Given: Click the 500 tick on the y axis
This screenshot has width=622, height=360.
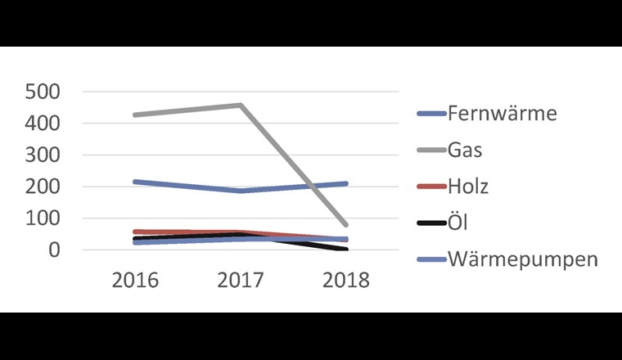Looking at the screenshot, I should [43, 92].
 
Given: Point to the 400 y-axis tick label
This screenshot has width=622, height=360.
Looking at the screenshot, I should [43, 124].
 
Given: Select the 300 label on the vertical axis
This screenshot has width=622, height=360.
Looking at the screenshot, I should [43, 155].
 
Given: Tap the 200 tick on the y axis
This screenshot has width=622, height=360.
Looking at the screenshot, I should [43, 187].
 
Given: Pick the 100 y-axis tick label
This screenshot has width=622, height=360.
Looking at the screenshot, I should [43, 218].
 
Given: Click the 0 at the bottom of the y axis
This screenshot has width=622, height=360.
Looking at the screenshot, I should [55, 250].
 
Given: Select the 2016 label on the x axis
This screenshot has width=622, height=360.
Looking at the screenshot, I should [135, 280].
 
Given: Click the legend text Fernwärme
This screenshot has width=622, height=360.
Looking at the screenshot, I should [502, 113].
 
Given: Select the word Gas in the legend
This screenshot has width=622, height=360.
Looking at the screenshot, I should [465, 150].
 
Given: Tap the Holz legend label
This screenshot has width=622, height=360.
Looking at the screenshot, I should [468, 187].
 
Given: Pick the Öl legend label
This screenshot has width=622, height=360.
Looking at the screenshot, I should [458, 223].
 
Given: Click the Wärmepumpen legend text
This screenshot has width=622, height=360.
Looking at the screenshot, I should [523, 260].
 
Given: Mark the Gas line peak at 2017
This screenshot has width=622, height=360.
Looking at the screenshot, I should [240, 105].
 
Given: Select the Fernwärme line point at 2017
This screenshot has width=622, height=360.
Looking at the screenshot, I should [240, 191].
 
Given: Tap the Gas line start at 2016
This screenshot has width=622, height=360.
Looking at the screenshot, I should [135, 115].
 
